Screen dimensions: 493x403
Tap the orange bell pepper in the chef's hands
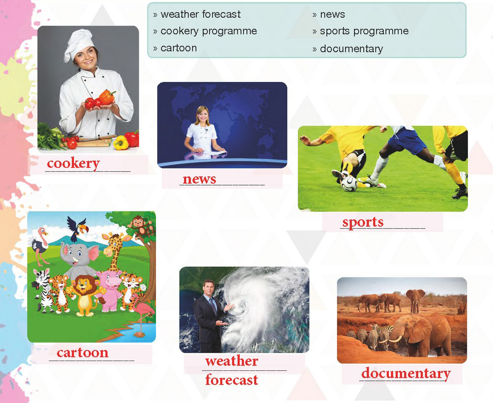(x=107, y=97)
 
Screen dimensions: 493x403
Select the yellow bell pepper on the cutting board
(x=121, y=143)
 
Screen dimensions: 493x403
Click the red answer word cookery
(x=73, y=163)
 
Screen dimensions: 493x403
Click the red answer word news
(x=199, y=179)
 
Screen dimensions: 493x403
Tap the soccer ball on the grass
(x=349, y=184)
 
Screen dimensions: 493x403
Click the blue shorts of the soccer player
(x=406, y=140)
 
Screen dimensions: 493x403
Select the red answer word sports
(x=363, y=223)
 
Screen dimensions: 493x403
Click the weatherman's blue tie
(x=214, y=306)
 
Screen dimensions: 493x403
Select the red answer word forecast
(x=231, y=380)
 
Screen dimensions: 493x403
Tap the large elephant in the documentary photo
(x=422, y=335)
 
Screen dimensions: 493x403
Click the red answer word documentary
(x=406, y=374)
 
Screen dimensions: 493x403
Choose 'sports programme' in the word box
(x=364, y=31)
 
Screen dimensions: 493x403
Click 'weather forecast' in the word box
(x=200, y=14)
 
